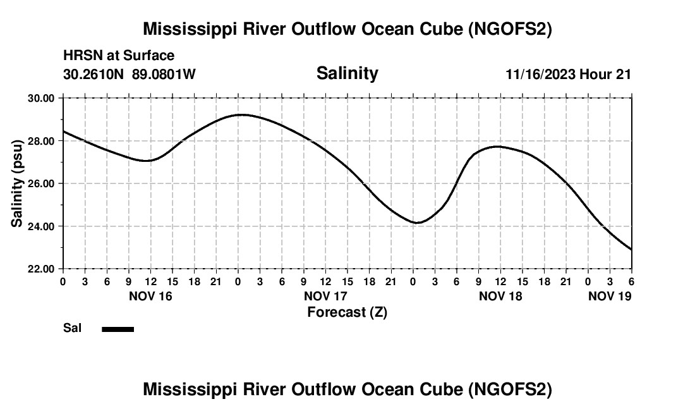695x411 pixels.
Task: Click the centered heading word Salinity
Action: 347,73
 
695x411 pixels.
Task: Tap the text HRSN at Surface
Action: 119,56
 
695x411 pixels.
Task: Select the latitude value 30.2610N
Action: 95,75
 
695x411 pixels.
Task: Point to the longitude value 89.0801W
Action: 164,75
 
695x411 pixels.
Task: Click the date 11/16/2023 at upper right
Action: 540,75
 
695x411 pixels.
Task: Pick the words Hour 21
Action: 606,75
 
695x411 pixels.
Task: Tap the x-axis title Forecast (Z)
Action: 347,312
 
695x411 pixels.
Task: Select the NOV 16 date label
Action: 150,296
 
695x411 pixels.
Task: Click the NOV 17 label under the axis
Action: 325,296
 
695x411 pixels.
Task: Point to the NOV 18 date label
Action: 500,296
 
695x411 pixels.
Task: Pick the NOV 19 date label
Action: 610,296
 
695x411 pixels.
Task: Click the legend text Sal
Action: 73,328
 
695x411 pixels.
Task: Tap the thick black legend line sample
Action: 118,329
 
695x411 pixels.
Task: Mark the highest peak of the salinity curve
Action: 241,114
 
